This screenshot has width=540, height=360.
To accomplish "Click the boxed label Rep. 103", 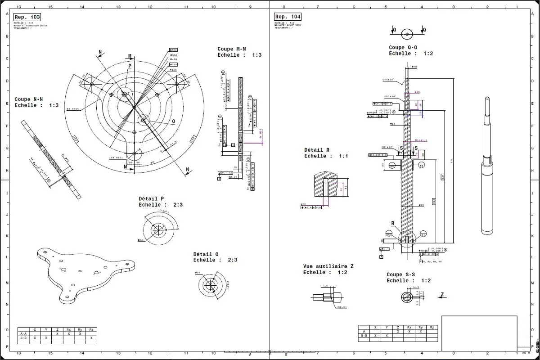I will click(x=27, y=17).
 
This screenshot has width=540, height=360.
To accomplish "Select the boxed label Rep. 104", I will click(x=288, y=17).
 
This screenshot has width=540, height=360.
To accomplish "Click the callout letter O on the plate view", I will click(x=173, y=121).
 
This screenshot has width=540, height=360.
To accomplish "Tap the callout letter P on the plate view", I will click(x=130, y=66).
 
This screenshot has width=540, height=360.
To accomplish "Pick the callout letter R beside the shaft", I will click(x=392, y=223).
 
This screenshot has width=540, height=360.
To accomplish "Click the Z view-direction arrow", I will click(x=441, y=295).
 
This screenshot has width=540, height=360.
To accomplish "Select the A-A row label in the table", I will click(x=23, y=334).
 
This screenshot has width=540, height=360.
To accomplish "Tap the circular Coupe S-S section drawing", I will click(x=407, y=297).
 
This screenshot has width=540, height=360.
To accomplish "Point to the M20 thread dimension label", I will click(x=417, y=92).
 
